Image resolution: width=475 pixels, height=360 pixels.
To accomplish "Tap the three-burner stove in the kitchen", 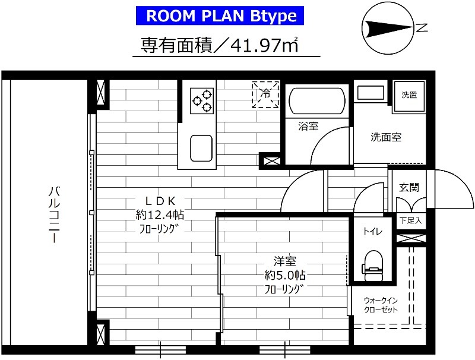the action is click(202, 100).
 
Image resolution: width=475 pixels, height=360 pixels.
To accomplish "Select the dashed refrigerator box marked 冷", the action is click(265, 95).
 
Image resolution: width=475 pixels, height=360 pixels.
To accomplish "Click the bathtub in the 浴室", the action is click(315, 102).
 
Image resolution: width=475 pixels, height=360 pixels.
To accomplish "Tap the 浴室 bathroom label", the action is click(308, 126).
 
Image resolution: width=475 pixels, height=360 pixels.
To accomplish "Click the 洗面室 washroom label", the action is click(386, 137).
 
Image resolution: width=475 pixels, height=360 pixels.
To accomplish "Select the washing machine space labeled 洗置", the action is click(409, 95).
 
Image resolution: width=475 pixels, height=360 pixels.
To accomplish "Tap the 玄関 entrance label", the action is click(408, 187).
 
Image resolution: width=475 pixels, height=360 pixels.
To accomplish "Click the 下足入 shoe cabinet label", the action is click(410, 220).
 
